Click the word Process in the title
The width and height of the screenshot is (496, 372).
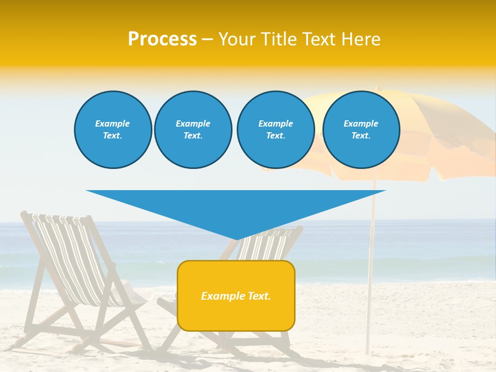[x=162, y=39]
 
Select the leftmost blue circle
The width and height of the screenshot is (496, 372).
[x=113, y=130]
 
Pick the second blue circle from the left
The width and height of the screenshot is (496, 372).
[x=193, y=130]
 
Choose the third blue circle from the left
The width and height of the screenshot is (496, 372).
[x=275, y=130]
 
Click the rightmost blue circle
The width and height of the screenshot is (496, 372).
[x=361, y=130]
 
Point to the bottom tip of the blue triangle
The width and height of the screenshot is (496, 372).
[x=237, y=239]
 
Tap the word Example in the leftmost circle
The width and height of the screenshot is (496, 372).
[x=113, y=123]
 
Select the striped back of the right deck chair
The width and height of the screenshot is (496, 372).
[x=269, y=245]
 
